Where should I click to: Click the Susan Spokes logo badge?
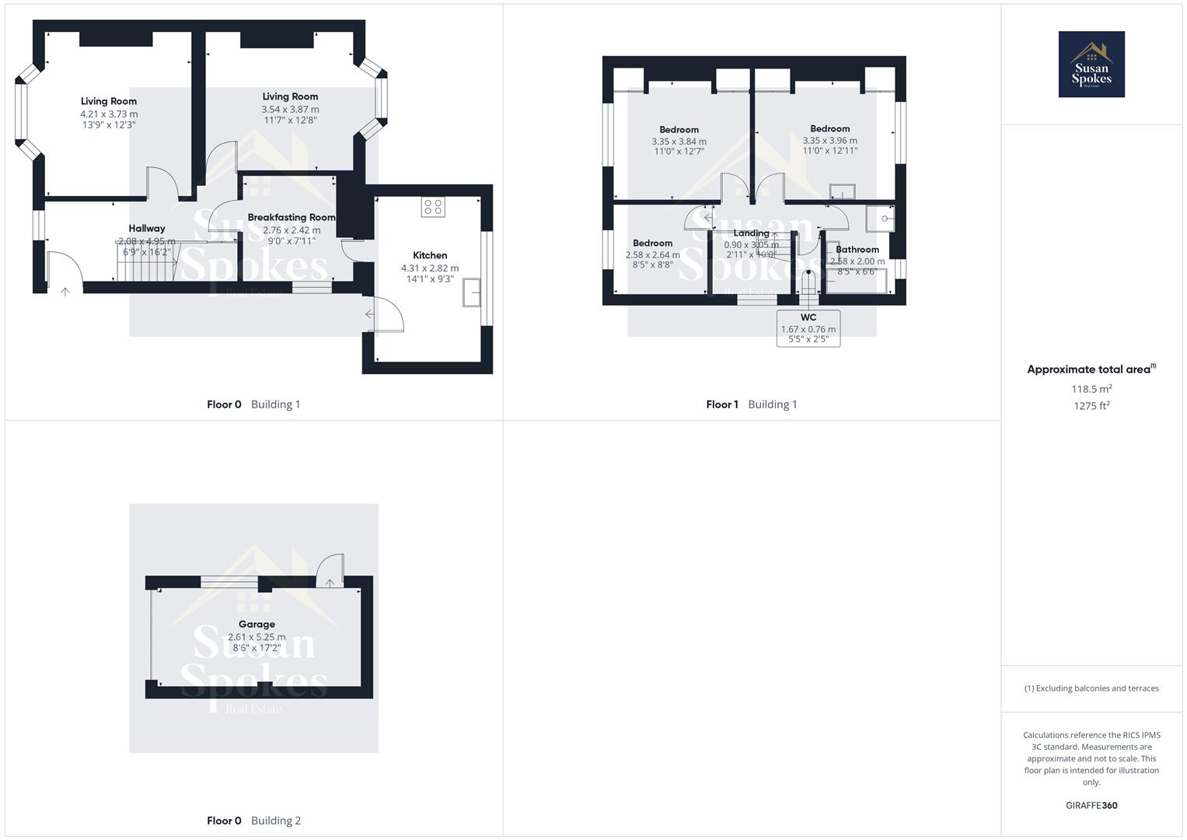pyautogui.click(x=1091, y=65)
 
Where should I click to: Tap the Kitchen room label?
pyautogui.click(x=430, y=255)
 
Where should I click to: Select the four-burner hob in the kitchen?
pyautogui.click(x=433, y=207)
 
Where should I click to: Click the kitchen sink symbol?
pyautogui.click(x=471, y=293)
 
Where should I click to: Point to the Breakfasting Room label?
pyautogui.click(x=292, y=218)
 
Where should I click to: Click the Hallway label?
pyautogui.click(x=147, y=229)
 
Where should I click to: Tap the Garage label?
pyautogui.click(x=257, y=625)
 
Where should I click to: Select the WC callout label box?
pyautogui.click(x=808, y=328)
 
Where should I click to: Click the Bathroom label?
pyautogui.click(x=857, y=250)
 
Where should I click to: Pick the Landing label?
pyautogui.click(x=751, y=233)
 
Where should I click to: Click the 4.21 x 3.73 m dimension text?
pyautogui.click(x=109, y=114)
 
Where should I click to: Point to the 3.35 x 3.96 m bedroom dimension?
pyautogui.click(x=829, y=141)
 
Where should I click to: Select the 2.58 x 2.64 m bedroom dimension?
pyautogui.click(x=652, y=255)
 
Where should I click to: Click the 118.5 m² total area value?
pyautogui.click(x=1091, y=389)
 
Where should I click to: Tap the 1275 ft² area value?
pyautogui.click(x=1091, y=406)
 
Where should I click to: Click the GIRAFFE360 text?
pyautogui.click(x=1091, y=806)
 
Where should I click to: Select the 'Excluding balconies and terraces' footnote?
pyautogui.click(x=1091, y=688)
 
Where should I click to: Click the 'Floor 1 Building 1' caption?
pyautogui.click(x=751, y=404)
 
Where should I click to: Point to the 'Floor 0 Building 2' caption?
pyautogui.click(x=253, y=821)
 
